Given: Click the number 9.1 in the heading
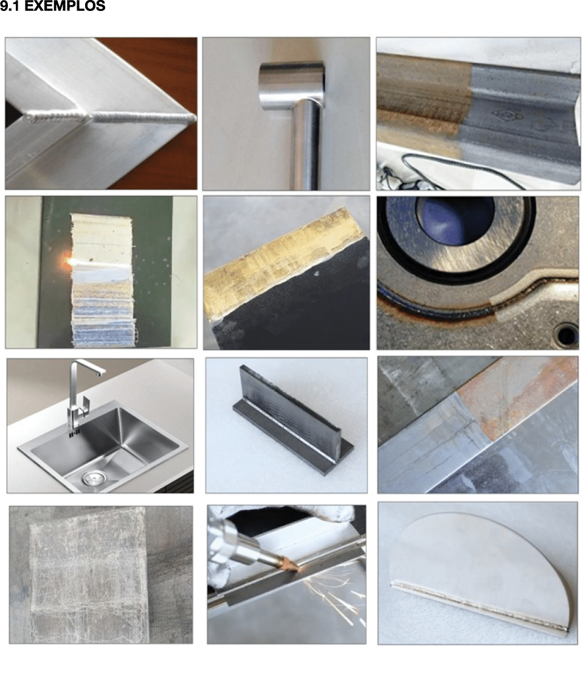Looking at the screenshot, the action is pyautogui.click(x=9, y=6).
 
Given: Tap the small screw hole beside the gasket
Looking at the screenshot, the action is pyautogui.click(x=567, y=335).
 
